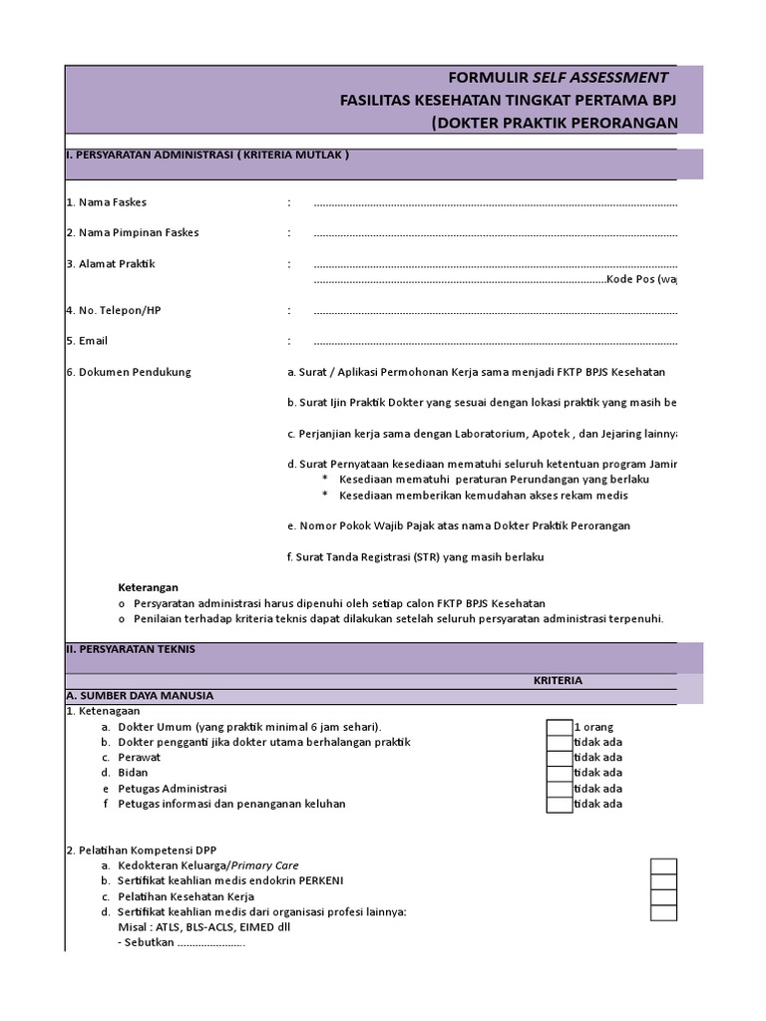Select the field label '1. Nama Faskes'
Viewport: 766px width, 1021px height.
pos(106,202)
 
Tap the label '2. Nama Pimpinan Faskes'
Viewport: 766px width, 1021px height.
pos(132,232)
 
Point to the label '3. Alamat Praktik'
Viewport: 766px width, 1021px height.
pos(110,264)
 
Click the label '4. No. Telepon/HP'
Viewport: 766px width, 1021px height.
pos(113,310)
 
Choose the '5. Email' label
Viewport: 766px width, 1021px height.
pos(87,341)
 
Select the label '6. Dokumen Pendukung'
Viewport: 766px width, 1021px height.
pos(128,372)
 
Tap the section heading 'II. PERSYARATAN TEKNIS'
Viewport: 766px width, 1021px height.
pos(130,649)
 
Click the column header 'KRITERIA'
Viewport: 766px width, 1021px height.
pos(557,680)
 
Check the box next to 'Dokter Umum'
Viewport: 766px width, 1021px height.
pos(560,727)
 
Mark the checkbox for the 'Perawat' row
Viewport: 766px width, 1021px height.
pos(560,757)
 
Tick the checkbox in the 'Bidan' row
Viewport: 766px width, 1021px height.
pos(560,773)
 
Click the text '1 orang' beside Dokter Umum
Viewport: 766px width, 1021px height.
pos(594,727)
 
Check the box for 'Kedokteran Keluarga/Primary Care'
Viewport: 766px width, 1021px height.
pos(663,866)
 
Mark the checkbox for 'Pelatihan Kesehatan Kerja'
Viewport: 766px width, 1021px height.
pos(663,897)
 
